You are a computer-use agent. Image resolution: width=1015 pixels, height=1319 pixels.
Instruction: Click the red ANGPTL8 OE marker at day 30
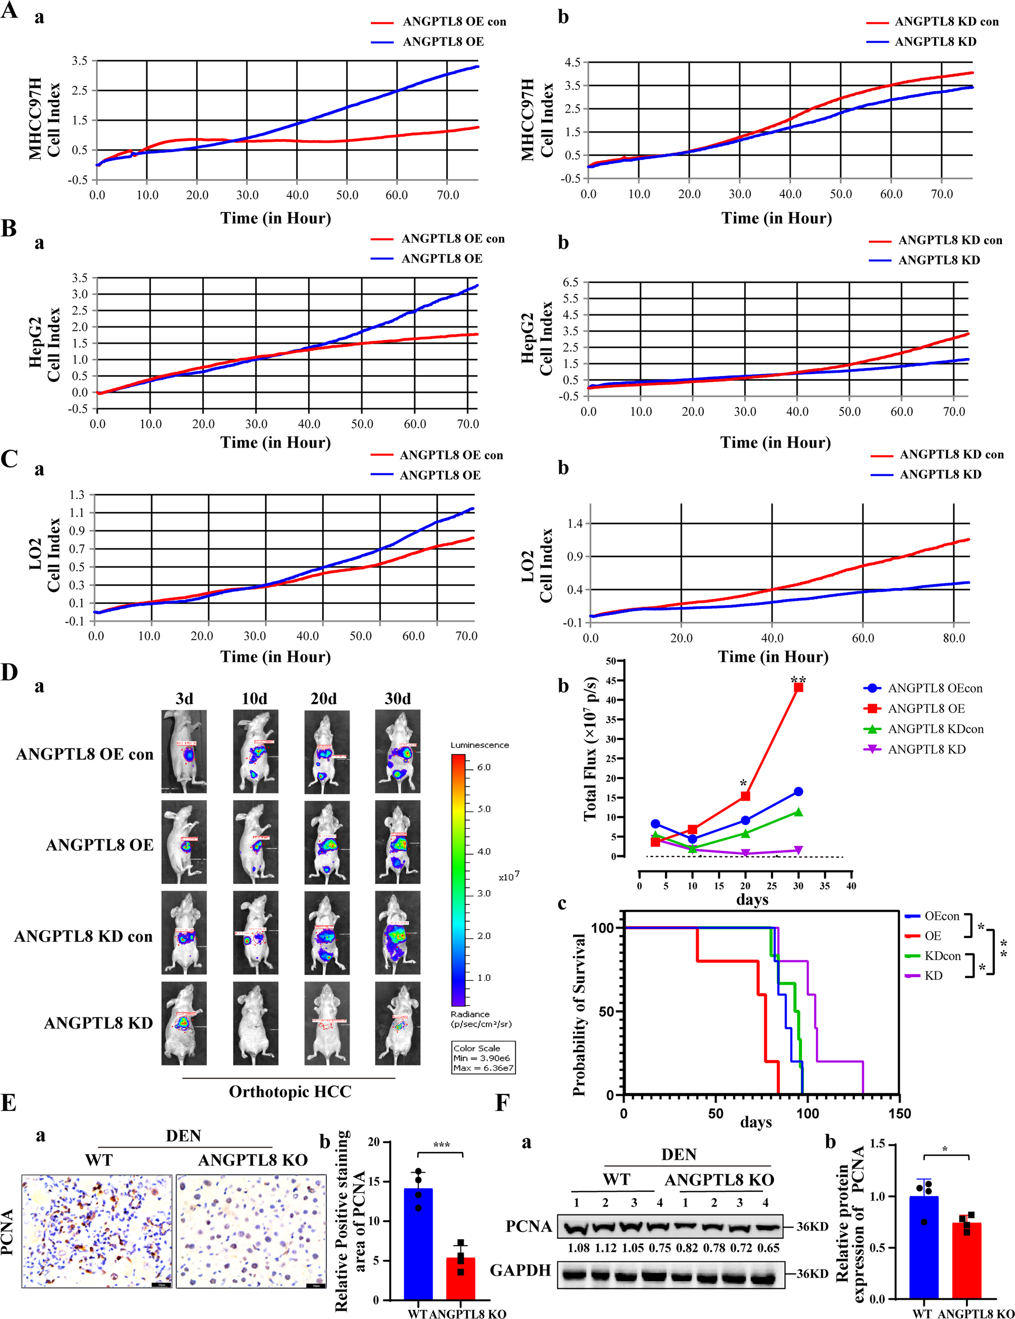coord(798,687)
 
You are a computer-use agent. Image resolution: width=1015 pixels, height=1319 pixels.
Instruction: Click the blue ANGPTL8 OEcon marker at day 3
coord(655,824)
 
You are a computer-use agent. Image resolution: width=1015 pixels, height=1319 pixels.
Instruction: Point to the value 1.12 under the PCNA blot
coord(606,1248)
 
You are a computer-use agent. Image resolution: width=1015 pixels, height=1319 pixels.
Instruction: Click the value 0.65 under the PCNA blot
coord(768,1248)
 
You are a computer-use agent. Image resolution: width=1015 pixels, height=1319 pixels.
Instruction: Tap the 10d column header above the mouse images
coord(254,699)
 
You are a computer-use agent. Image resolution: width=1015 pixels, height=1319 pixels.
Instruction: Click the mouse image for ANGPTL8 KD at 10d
coord(256,1023)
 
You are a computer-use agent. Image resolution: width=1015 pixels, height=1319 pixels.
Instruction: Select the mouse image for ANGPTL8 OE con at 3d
coord(184,751)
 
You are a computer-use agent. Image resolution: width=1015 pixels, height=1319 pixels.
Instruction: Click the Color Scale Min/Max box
coord(484,1057)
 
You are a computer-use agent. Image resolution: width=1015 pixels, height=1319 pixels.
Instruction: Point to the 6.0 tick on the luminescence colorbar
coord(484,767)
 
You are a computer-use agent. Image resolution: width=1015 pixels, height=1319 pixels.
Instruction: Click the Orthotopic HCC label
coord(290,1092)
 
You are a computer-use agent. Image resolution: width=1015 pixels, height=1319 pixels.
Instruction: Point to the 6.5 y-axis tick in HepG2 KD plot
coord(570,282)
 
